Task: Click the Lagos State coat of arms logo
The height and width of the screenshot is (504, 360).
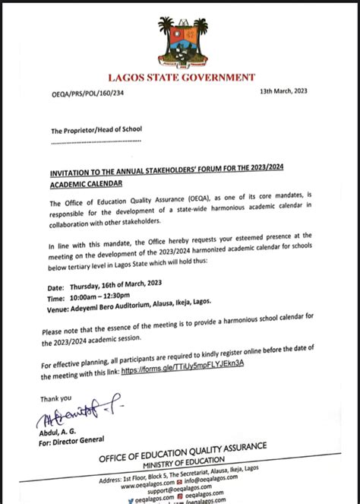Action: pos(180,42)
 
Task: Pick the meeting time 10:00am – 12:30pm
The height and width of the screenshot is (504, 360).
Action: pos(107,300)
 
